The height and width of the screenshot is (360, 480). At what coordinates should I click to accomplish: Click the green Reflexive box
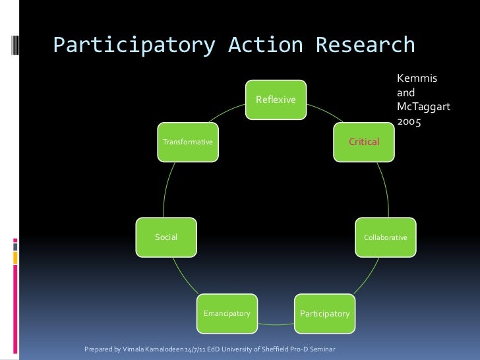point(276,100)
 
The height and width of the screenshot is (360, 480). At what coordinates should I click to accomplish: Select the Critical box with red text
point(364,142)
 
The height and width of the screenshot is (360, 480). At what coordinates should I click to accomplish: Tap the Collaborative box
point(386,237)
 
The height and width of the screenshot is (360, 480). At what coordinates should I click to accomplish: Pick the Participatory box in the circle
point(324,313)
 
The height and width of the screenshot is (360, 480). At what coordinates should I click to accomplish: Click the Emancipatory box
point(227,313)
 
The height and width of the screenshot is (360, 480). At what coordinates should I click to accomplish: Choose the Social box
point(166,237)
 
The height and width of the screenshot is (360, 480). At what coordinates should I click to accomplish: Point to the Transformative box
point(188,142)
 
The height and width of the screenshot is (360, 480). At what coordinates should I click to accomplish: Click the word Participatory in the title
point(134,45)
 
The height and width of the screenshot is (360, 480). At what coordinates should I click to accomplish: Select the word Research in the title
point(365,45)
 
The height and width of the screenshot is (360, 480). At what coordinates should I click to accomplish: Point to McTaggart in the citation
point(423,107)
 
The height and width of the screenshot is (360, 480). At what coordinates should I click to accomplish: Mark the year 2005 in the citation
point(409,122)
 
